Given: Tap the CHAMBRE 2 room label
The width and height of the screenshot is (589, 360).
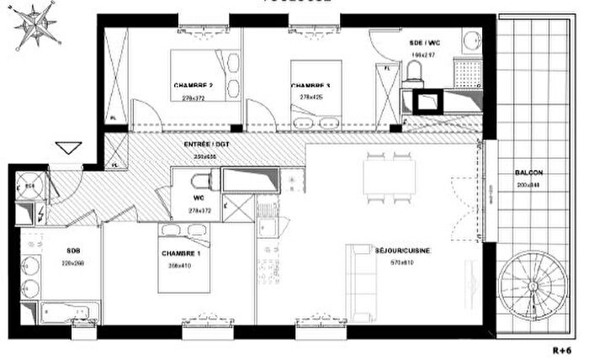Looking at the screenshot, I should [193, 86].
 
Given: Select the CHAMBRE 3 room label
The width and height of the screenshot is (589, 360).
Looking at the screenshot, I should [310, 86].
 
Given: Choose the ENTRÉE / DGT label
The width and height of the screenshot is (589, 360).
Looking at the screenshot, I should [205, 146].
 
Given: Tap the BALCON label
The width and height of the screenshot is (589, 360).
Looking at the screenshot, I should [529, 172].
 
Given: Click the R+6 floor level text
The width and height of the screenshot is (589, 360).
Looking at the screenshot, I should [562, 348].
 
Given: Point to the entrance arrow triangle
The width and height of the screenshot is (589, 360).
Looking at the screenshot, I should [66, 149].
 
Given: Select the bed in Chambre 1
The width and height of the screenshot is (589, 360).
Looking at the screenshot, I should [185, 261].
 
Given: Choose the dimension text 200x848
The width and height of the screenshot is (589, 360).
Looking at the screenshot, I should [529, 183].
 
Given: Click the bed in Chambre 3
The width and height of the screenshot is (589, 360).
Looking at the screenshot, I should [316, 88].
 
